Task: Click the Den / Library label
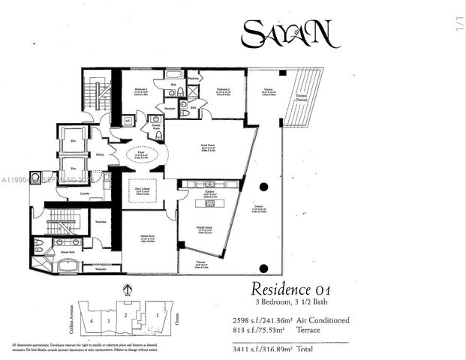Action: coord(140,193)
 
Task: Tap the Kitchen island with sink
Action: coord(210,202)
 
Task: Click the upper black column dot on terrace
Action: coord(263,187)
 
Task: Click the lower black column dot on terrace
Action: coord(263,268)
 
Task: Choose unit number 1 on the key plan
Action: coord(156,316)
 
